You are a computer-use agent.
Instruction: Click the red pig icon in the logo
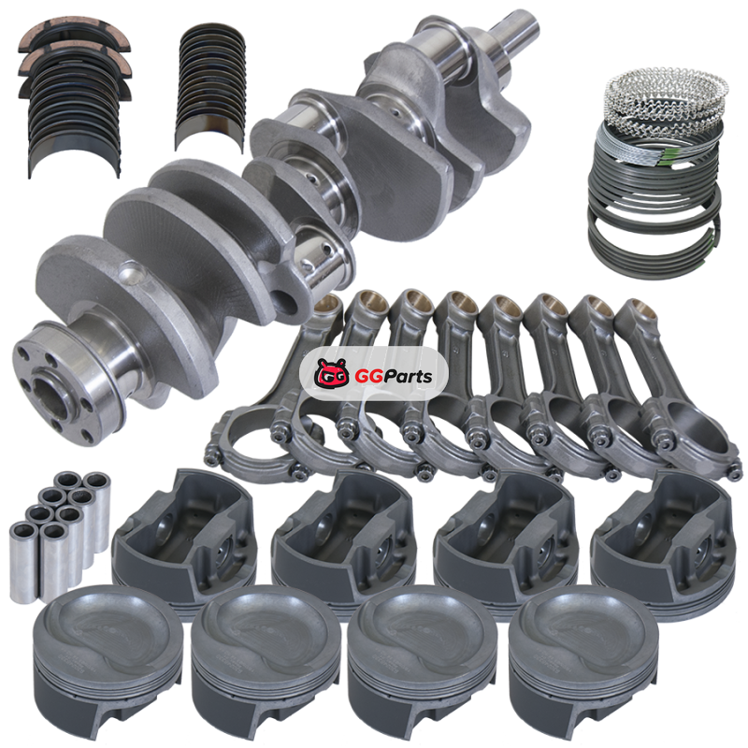pos(332,372)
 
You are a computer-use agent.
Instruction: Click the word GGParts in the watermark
pos(394,377)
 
